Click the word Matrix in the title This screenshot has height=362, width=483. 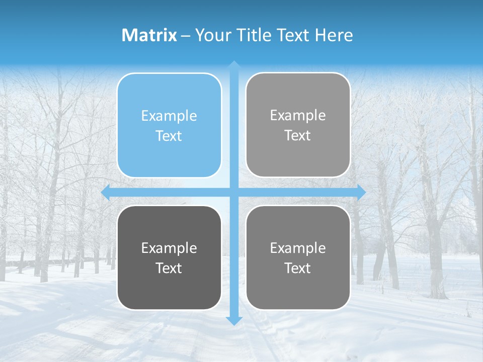(x=149, y=35)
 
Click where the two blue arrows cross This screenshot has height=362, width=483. (x=234, y=193)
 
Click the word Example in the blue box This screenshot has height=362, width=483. (x=169, y=116)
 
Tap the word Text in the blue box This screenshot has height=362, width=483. (x=169, y=136)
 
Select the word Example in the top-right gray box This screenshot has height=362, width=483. (x=298, y=116)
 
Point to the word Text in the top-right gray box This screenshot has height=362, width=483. (x=298, y=136)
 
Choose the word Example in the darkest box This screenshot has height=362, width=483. (x=169, y=248)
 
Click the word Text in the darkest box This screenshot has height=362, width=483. (x=169, y=268)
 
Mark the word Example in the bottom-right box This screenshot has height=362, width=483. (x=298, y=248)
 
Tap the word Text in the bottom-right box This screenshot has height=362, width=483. (x=298, y=268)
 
